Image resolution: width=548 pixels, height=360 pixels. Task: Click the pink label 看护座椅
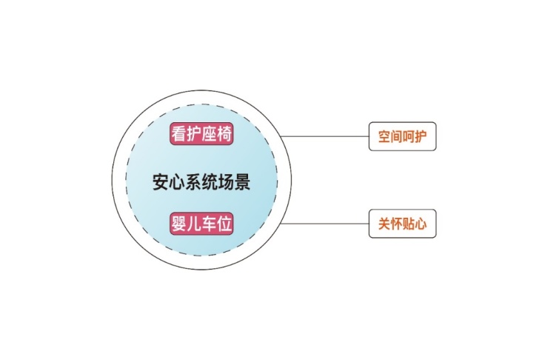coord(201,133)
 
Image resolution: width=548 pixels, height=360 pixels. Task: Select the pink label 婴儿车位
coord(201,224)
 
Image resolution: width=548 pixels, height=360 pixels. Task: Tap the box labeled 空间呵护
coord(403,136)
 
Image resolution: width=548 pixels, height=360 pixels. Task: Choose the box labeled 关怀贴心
coord(403,224)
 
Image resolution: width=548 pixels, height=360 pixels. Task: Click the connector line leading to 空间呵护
coord(324,136)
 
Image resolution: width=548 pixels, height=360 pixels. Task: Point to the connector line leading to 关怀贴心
coord(324,224)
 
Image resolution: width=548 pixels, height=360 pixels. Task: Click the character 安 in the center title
coord(161,182)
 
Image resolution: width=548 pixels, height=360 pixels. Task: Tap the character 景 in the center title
coord(242,182)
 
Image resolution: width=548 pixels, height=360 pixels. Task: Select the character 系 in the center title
coord(193,182)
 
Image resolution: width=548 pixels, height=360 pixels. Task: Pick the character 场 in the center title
coord(226,182)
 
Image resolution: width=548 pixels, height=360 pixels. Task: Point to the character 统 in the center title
coord(210,182)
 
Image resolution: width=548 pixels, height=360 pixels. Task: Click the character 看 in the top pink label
coord(178,133)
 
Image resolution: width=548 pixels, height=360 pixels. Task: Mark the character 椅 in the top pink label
coord(224,133)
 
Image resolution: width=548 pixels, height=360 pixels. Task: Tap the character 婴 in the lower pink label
coord(178,224)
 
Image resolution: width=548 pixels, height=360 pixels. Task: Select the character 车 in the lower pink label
coord(209,224)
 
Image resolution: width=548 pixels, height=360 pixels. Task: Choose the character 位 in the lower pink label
coord(224,224)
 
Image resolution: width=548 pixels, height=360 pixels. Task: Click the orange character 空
coord(384,136)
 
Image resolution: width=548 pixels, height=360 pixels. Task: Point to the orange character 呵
coord(409,136)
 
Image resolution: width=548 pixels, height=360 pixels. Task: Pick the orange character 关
coord(384,224)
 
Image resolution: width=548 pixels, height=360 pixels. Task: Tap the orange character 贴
coord(409,224)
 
